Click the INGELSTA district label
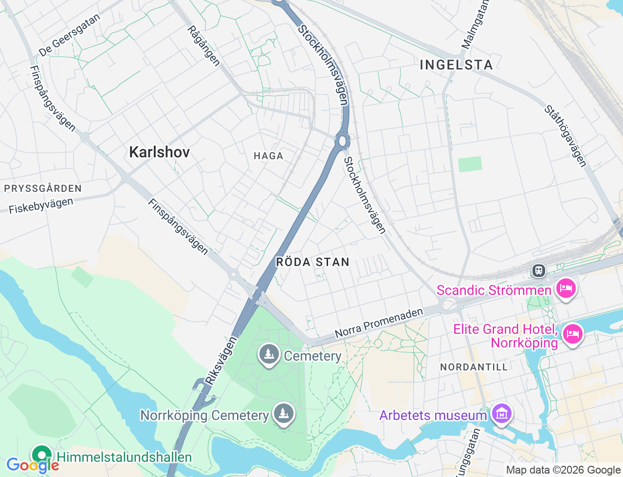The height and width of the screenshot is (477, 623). tap(456, 65)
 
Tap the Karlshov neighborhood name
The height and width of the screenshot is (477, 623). tap(159, 152)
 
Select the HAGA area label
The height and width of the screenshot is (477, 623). tap(268, 156)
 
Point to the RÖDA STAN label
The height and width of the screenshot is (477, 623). tap(312, 262)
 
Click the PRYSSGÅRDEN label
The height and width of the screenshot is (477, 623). tap(43, 188)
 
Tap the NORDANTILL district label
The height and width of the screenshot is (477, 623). tap(474, 367)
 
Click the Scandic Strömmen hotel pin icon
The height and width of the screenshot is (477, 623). tap(566, 288)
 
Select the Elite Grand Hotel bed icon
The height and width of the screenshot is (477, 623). tap(572, 334)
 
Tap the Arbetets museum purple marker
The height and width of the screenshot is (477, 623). tap(501, 414)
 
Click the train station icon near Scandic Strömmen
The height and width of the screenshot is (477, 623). tap(538, 270)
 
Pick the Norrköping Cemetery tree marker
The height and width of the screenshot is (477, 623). tap(283, 414)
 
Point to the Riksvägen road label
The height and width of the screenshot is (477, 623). tap(220, 361)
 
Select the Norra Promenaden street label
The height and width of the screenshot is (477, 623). tap(379, 323)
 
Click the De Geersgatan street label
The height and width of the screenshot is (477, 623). tap(69, 35)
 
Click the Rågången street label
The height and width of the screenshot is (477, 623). tap(203, 46)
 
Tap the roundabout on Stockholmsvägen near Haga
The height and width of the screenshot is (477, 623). tap(343, 141)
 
